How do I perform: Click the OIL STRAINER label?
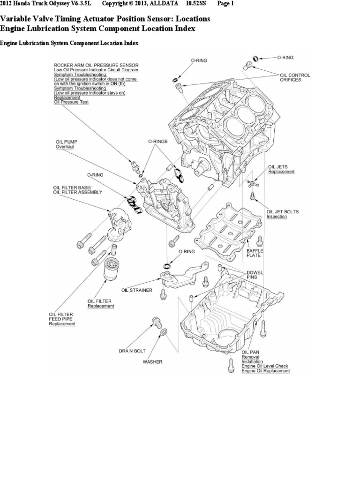(x=137, y=290)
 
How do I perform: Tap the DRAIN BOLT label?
(x=132, y=350)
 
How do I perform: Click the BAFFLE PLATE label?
(x=256, y=253)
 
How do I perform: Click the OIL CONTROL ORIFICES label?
(x=295, y=77)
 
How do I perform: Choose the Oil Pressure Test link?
(x=71, y=102)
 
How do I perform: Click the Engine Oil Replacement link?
(x=265, y=371)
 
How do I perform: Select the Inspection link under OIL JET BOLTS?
(x=277, y=217)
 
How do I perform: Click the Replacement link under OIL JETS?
(x=281, y=172)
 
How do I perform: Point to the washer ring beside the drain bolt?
(x=163, y=332)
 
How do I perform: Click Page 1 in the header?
(x=225, y=4)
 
